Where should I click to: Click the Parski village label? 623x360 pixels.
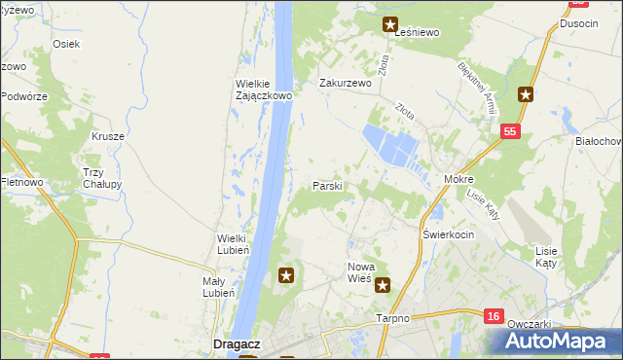[x=326, y=185]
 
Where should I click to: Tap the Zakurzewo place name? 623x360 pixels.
[x=347, y=84]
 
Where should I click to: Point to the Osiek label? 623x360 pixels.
[x=66, y=44]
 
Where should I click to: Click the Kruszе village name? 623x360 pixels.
[x=109, y=136]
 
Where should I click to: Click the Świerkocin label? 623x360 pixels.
[x=449, y=235]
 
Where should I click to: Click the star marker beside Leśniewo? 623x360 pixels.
[x=390, y=25]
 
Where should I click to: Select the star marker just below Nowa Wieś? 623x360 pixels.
[x=384, y=285]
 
